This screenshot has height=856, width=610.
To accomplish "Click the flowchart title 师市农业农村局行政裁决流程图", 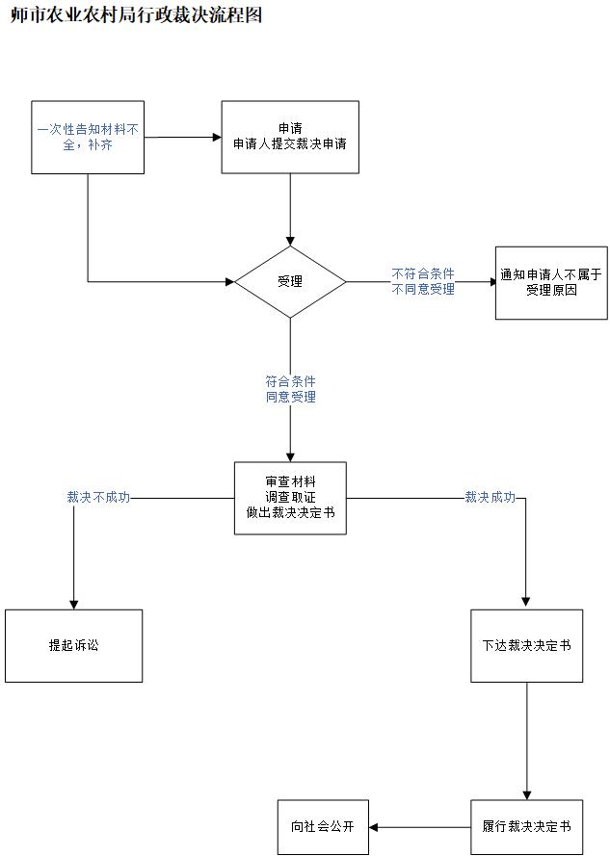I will (136, 15).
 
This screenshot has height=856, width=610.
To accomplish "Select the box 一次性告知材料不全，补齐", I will (88, 137).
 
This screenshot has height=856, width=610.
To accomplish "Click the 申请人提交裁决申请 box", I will (290, 137).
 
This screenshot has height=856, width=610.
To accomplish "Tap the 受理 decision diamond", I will (290, 282).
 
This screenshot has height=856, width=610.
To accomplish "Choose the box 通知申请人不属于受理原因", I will (551, 282).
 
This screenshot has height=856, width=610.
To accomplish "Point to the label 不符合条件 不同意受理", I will (423, 281).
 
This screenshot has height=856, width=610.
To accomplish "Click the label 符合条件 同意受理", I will (290, 389).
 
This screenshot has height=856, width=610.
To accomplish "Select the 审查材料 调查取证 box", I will (290, 498).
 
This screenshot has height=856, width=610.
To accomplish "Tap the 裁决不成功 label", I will (98, 498).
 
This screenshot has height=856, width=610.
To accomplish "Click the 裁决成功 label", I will (490, 498).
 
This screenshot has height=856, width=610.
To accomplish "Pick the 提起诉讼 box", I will (73, 645).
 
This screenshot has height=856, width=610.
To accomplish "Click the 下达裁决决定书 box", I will (526, 645).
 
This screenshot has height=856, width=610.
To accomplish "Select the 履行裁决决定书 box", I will (526, 827).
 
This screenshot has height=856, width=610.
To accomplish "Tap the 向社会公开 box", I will (323, 827).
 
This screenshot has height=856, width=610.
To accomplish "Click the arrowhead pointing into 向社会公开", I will (375, 827).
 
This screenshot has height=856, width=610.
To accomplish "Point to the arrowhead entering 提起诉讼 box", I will (73, 603).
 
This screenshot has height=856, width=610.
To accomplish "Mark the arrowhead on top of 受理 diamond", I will (290, 240).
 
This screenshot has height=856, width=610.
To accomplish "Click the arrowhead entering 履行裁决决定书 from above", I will (526, 793).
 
